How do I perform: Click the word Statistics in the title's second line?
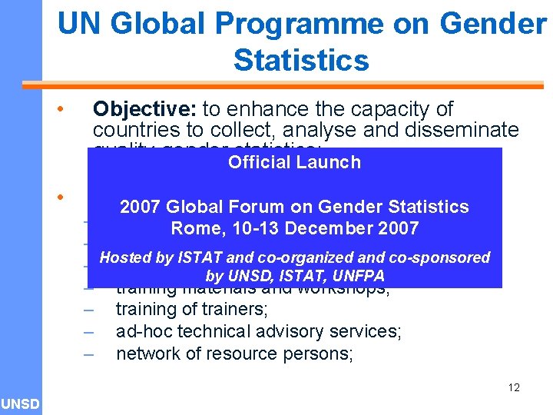click(301, 60)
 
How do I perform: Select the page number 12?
click(514, 387)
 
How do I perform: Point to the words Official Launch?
click(294, 162)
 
